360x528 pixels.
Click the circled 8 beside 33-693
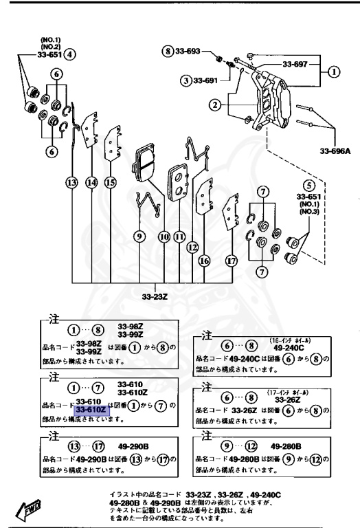pos(167,52)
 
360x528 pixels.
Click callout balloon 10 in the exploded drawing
pos(164,236)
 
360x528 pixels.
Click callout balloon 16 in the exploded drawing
pos(204,261)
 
